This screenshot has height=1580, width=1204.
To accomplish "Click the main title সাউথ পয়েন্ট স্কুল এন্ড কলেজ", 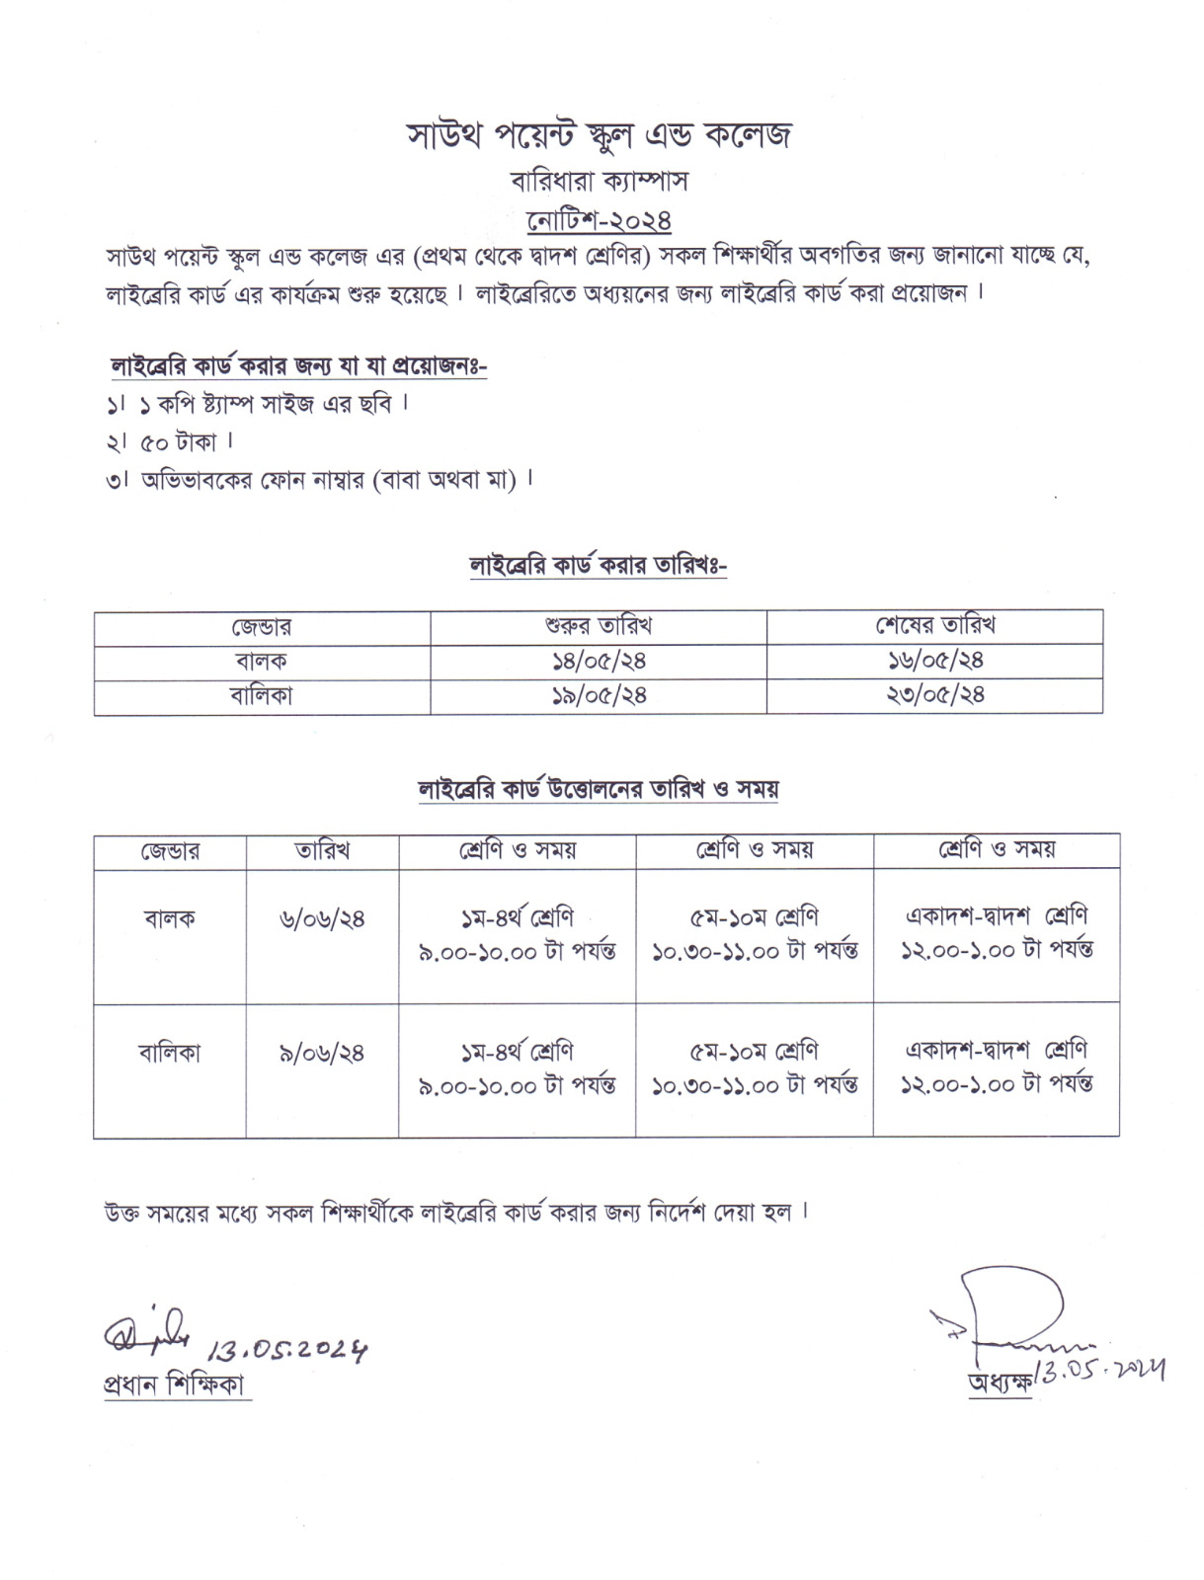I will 600,135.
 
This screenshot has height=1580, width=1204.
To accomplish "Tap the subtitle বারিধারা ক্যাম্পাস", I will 600,182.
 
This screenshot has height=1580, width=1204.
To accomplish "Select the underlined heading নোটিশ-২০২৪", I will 600,218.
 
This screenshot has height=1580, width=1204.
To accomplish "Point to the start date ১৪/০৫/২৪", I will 599,661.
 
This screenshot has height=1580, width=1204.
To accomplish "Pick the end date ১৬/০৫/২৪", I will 934,661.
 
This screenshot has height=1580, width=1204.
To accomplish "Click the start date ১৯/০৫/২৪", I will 599,695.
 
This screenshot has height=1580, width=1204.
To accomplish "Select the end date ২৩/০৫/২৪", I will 934,695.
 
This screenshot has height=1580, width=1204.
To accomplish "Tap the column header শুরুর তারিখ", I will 599,626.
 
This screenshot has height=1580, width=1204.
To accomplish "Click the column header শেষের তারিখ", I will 934,626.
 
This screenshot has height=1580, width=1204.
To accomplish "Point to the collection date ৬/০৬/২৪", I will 322,919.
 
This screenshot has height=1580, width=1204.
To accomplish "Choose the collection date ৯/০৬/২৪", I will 322,1054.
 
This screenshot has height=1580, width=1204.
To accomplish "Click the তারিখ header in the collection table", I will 322,850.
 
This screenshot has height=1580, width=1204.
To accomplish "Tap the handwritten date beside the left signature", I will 288,1349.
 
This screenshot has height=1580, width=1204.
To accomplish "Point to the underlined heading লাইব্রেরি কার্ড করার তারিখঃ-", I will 599,566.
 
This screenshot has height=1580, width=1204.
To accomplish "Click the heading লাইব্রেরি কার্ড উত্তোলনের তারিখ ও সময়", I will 599,790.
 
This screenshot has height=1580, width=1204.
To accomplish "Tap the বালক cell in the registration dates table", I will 262,661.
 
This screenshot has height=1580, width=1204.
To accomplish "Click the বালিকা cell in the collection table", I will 170,1054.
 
